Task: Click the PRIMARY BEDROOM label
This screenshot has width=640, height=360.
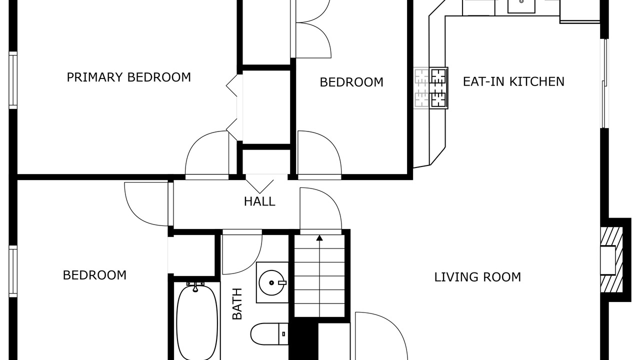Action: click(128, 77)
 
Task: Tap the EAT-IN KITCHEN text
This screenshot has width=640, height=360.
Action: click(513, 81)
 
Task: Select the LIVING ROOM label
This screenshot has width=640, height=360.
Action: click(477, 277)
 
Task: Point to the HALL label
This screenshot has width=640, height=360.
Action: click(259, 201)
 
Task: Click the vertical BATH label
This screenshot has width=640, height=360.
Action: click(237, 303)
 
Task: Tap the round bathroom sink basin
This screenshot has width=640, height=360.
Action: click(271, 282)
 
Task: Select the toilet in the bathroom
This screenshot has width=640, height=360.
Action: click(269, 334)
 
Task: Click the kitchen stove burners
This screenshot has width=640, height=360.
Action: click(438, 88)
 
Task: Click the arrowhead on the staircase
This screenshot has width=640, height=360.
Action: click(319, 237)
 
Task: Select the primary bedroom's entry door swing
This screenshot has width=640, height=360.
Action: click(207, 155)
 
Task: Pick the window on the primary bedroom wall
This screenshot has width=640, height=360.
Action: click(13, 80)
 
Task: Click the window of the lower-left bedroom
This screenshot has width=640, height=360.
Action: click(13, 271)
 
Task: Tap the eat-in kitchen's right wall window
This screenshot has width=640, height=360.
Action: click(604, 83)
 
